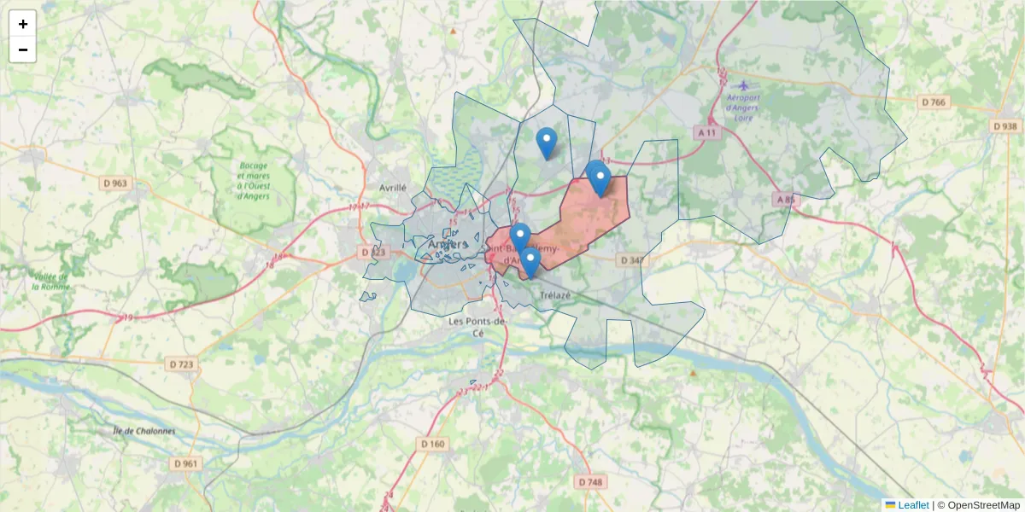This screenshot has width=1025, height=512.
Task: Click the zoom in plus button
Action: point(22,24)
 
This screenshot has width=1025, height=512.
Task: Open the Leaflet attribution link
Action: point(912,505)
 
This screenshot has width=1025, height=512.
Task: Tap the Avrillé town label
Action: point(393,187)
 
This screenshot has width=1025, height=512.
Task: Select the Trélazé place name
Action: point(554,295)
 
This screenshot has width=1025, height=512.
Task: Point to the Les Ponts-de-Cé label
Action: point(478,327)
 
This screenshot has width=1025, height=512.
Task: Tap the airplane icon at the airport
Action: point(743,85)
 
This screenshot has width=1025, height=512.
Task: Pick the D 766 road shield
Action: point(934,102)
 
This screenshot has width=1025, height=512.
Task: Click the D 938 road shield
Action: point(1006,126)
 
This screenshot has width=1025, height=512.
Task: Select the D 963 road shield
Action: point(114,183)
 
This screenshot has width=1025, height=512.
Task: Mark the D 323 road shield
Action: point(373,253)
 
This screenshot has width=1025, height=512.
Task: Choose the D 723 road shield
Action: point(181,364)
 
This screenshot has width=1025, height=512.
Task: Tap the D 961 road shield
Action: point(185,463)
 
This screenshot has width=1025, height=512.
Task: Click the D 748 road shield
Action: point(590,482)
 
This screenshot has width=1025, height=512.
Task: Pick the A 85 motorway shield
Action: point(784,200)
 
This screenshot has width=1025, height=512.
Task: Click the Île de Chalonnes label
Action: point(143,431)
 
